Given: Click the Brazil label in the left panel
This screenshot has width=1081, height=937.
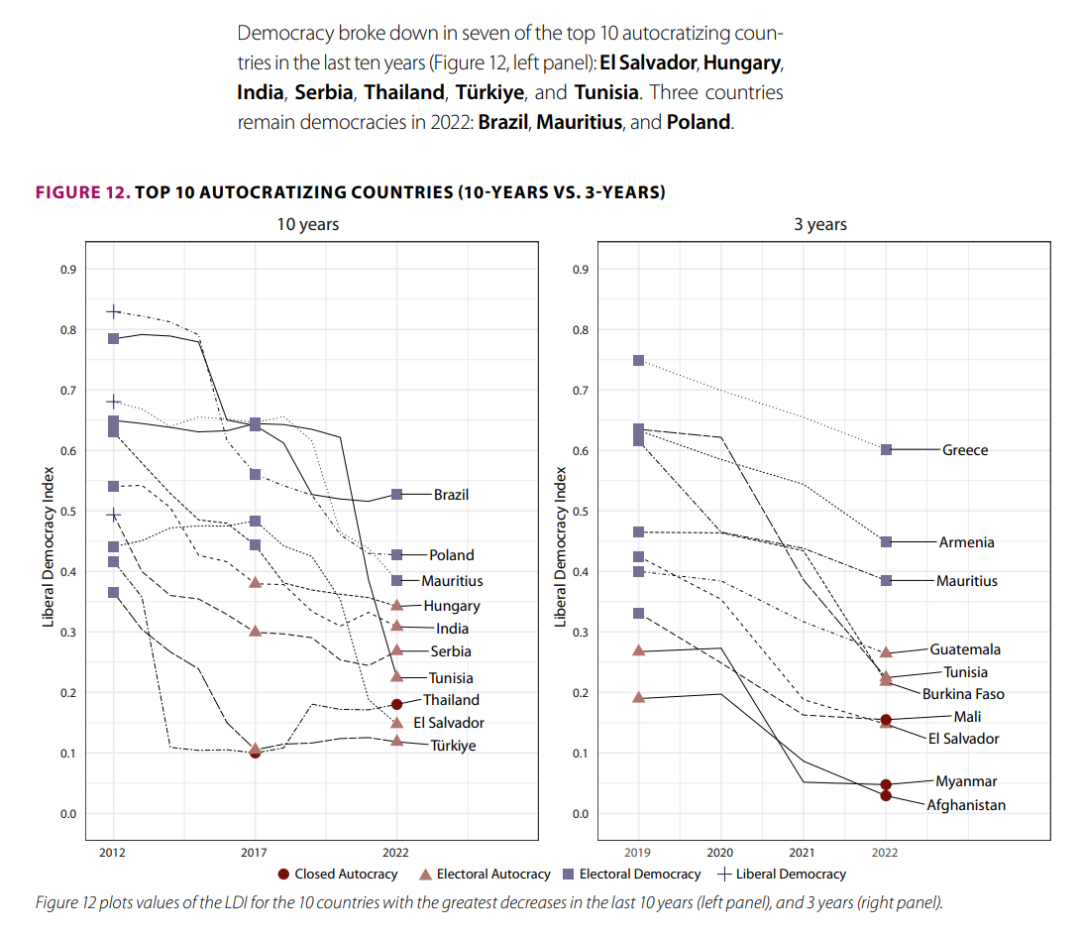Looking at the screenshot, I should click(451, 494).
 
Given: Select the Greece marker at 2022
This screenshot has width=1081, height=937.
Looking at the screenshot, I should click(886, 449).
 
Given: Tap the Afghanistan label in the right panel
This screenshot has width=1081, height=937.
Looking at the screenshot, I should click(965, 805).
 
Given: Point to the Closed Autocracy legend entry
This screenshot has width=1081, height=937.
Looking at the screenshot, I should click(338, 874).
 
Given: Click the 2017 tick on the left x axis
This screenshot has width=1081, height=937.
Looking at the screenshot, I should click(255, 852).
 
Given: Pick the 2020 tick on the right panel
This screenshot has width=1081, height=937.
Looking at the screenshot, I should click(720, 852).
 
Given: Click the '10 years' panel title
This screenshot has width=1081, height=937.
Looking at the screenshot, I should click(307, 224).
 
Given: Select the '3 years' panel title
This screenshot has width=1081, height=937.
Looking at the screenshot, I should click(820, 224).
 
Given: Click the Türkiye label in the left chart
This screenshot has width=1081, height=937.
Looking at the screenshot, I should click(453, 745).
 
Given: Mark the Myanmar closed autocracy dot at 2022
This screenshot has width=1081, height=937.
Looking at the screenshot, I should click(886, 784).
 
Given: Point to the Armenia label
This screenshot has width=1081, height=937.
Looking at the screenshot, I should click(966, 542).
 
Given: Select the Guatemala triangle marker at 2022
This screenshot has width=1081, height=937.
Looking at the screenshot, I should click(886, 651).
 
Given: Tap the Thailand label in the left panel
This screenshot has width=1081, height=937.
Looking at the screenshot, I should click(451, 700).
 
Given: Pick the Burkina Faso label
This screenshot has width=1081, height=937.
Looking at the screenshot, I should click(962, 694).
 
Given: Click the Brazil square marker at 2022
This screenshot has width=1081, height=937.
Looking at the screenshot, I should click(396, 494).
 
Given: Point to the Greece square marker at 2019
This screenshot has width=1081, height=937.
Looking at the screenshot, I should click(638, 360).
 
